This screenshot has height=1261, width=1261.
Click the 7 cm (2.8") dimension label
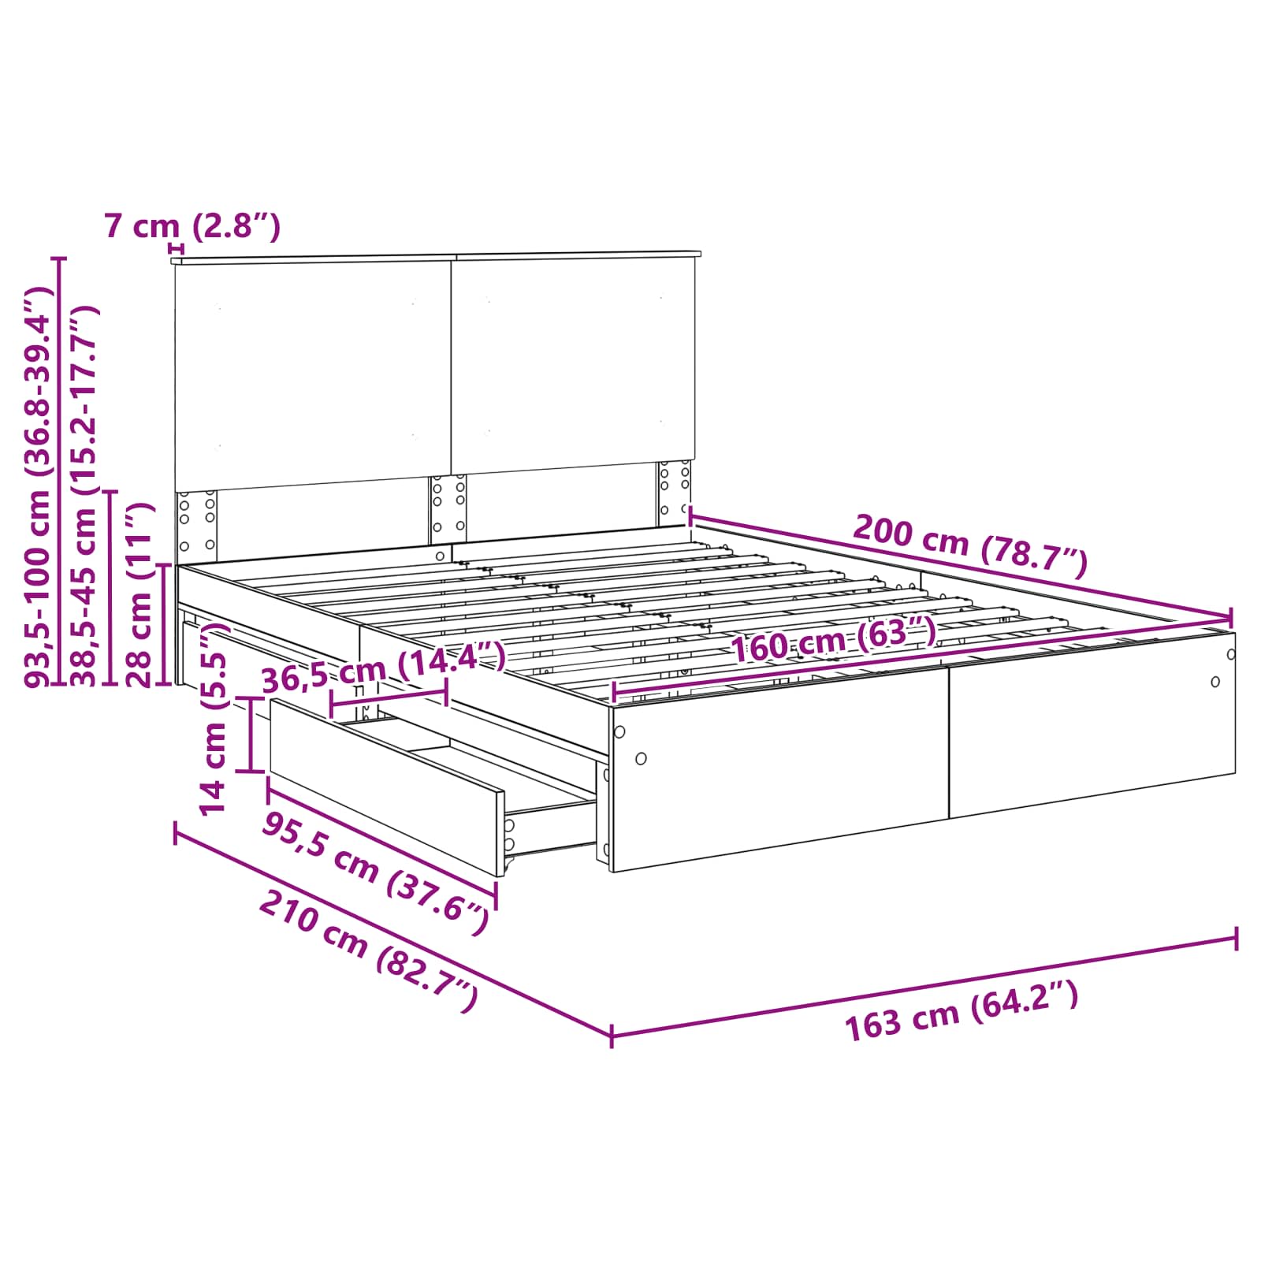point(192,227)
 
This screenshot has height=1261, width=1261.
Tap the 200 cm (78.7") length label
point(970,545)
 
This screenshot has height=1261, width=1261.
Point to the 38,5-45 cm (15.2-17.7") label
point(84,497)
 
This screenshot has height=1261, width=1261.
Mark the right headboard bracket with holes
point(675,493)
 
